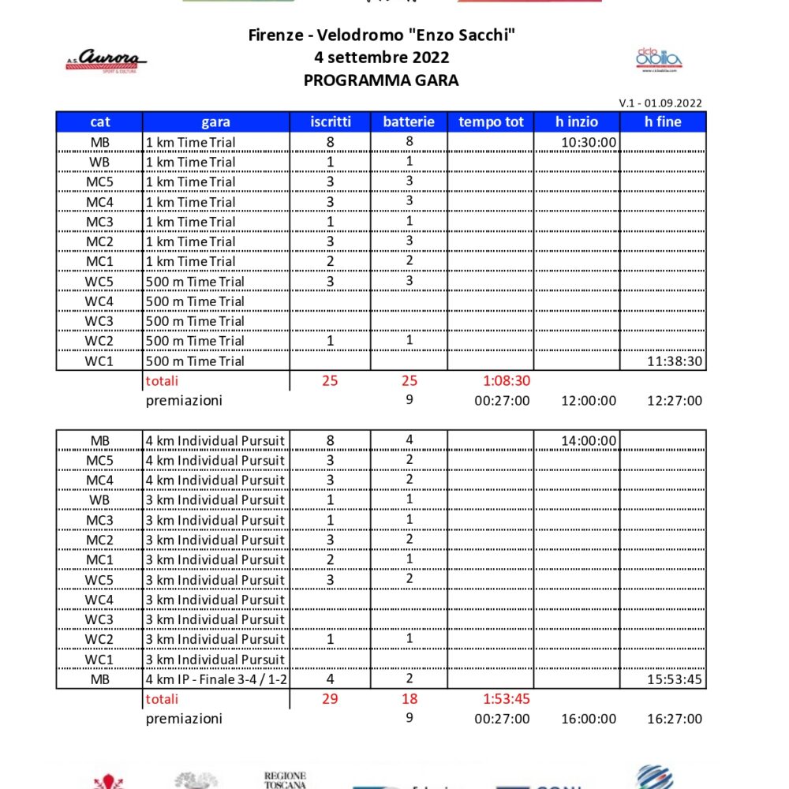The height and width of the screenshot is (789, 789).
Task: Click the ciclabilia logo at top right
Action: (659, 59)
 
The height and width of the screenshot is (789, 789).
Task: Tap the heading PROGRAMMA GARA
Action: (381, 80)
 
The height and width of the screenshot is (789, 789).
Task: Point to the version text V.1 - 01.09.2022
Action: (660, 103)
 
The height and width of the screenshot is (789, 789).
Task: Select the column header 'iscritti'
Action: (331, 122)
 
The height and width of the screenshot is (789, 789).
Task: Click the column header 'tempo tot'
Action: (491, 122)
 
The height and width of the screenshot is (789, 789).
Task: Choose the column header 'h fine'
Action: (663, 122)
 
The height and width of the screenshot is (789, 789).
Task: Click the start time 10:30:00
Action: (589, 143)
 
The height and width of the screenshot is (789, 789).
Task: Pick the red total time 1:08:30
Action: (505, 381)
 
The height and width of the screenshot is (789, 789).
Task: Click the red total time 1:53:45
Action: (505, 699)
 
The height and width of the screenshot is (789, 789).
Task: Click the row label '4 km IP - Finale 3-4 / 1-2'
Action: (215, 679)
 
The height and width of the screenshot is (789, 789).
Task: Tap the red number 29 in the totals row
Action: (330, 699)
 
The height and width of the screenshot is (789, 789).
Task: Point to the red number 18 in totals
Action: (409, 699)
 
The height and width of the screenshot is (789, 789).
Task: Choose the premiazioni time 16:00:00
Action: (589, 719)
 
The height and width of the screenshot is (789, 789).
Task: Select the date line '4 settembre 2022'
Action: (381, 58)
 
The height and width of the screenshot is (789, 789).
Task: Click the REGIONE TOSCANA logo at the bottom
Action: (285, 780)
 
